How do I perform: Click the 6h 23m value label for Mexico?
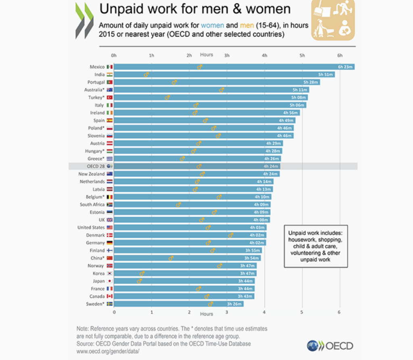[x=345, y=67]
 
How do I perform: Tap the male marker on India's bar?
[x=147, y=75]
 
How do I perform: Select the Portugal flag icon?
[x=109, y=82]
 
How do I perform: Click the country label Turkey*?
[x=96, y=98]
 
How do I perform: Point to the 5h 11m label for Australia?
[x=300, y=90]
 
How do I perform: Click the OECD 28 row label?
[x=96, y=166]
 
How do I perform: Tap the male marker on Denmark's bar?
[x=231, y=235]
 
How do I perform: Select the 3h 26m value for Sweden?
[x=235, y=304]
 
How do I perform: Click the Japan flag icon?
[x=109, y=281]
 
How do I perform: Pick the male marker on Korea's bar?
[x=142, y=273]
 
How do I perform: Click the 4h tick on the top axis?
[x=265, y=55]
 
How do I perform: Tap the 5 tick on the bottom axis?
[x=302, y=312]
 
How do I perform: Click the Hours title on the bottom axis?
[x=206, y=314]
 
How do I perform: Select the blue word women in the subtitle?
[x=213, y=25]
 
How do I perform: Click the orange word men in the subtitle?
[x=248, y=25]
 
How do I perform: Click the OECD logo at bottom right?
[x=330, y=345]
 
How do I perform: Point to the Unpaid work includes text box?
[x=315, y=246]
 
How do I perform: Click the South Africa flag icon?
[x=109, y=205]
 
